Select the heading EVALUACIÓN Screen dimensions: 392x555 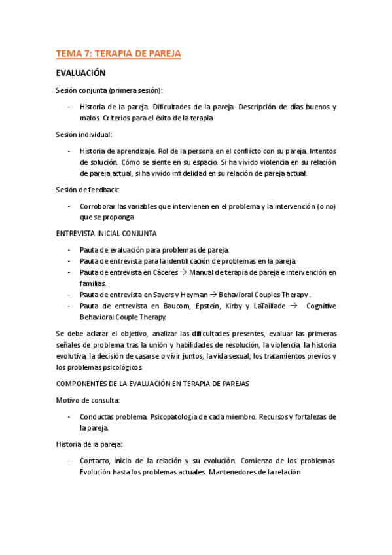click(81, 73)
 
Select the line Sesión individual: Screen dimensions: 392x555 click(84, 134)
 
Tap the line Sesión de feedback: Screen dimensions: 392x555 click(87, 190)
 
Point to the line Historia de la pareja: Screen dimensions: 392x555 click(89, 444)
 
